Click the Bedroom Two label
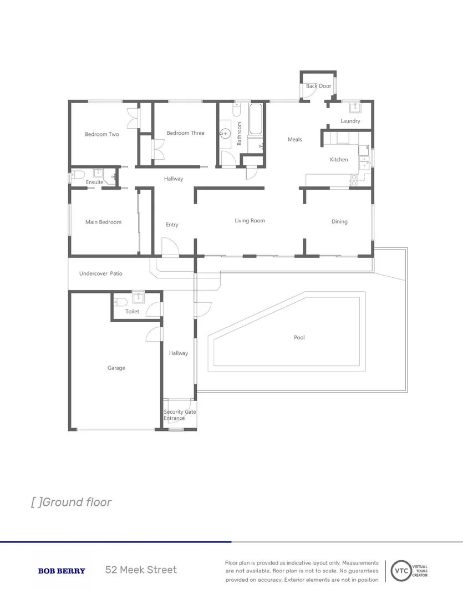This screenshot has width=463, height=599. [101, 134]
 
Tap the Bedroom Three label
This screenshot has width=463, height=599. [185, 133]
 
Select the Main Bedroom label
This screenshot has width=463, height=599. [103, 222]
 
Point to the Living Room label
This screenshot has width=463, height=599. [250, 221]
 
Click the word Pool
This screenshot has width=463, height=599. [299, 338]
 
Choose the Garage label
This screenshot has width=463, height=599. [116, 368]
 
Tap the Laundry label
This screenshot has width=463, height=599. [350, 121]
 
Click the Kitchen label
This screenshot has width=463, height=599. [339, 160]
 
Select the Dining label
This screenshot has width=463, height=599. [339, 222]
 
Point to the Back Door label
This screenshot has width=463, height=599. [318, 87]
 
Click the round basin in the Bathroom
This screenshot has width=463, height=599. [225, 133]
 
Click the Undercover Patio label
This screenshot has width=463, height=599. [100, 274]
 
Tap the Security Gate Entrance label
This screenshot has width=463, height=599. [179, 415]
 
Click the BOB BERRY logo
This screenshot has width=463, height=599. [62, 571]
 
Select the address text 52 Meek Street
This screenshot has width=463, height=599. [141, 570]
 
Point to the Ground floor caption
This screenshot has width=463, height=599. [72, 502]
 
